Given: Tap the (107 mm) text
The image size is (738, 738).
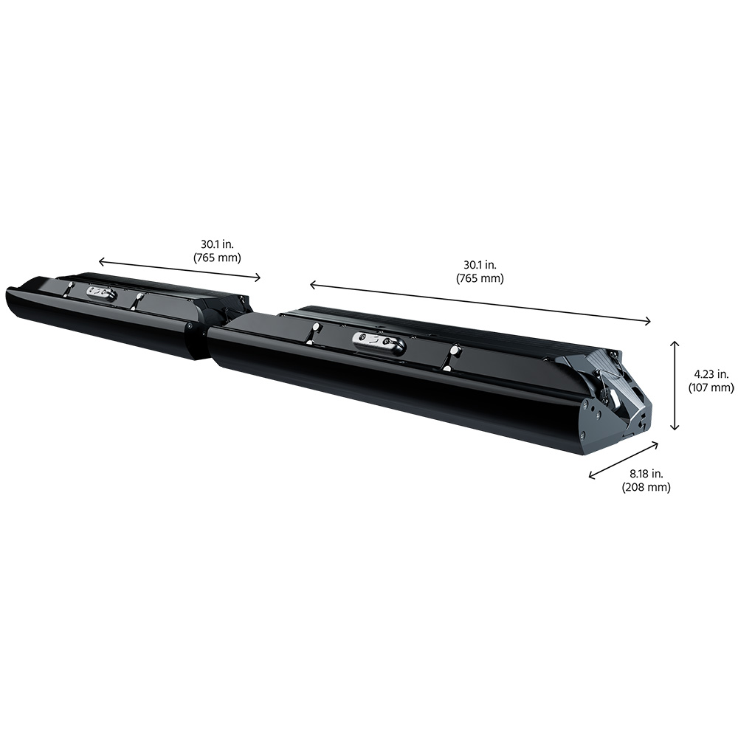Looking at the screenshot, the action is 711,387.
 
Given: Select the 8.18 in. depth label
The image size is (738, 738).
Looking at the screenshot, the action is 646,474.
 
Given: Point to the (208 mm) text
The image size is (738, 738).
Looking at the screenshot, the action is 646,487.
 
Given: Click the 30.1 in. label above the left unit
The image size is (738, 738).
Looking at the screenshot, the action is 217,244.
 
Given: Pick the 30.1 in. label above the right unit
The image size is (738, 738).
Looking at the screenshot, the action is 480,265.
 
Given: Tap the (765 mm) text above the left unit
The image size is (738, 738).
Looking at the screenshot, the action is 217,258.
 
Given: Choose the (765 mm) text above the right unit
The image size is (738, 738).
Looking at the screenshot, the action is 480,278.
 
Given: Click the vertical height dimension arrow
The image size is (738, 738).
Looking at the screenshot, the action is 675,385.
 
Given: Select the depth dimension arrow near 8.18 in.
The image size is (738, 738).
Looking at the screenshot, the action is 624,460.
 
